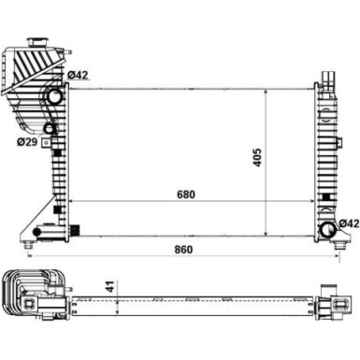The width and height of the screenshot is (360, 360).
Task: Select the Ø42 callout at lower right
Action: tap(348, 222)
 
